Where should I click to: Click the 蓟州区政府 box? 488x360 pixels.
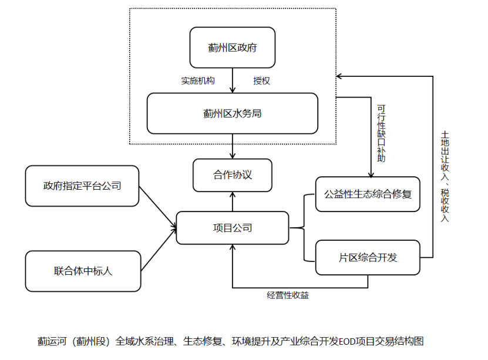pyautogui.click(x=232, y=48)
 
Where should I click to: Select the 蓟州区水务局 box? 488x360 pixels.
pyautogui.click(x=232, y=113)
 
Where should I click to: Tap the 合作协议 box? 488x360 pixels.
pyautogui.click(x=233, y=174)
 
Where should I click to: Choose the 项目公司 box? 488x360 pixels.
pyautogui.click(x=233, y=228)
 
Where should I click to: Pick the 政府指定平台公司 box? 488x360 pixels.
pyautogui.click(x=82, y=186)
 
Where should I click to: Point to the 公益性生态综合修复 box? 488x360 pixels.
pyautogui.click(x=368, y=194)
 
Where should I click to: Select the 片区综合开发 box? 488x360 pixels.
pyautogui.click(x=368, y=257)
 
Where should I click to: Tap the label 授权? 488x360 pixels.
pyautogui.click(x=261, y=81)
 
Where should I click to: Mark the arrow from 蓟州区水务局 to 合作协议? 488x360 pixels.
pyautogui.click(x=233, y=146)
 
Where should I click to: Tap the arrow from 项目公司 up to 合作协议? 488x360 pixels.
pyautogui.click(x=233, y=202)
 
